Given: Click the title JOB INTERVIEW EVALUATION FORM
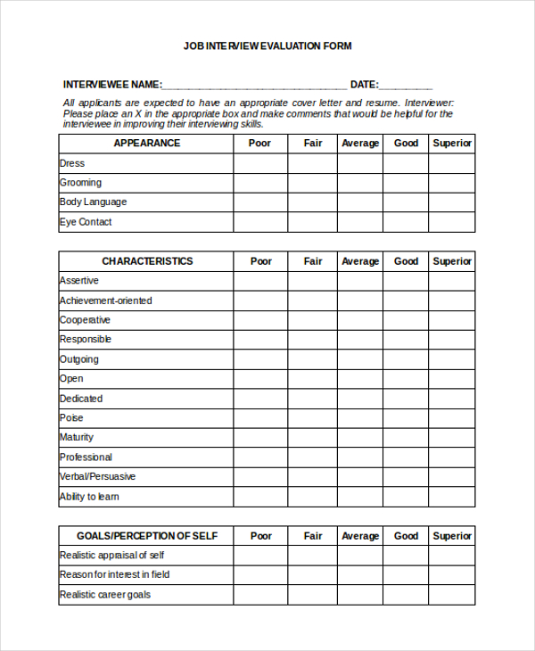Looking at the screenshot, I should [267, 45].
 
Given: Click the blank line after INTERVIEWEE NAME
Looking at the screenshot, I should [254, 87].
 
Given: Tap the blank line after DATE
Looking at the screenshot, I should [406, 87].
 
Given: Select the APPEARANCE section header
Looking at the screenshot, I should [147, 144].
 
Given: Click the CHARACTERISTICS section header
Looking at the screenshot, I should [147, 261].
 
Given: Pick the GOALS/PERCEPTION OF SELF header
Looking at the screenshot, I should [147, 536].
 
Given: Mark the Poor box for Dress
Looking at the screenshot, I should [260, 163].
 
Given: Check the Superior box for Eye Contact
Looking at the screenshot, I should [452, 222].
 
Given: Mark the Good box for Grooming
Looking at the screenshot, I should [406, 183].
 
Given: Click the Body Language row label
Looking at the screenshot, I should [94, 202].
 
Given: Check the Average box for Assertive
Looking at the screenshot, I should [360, 281].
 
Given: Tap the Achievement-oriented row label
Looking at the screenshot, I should [106, 301].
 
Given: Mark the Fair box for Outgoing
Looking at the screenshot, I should [313, 359].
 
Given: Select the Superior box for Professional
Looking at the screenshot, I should [452, 457].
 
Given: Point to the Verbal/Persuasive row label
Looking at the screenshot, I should [98, 477].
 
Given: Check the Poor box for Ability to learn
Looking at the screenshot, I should [260, 497].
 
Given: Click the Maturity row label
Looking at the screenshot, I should [77, 438].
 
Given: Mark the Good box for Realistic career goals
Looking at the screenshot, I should [406, 595].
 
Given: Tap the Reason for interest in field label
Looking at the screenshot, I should [114, 575].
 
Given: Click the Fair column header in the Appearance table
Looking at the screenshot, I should [313, 144].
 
